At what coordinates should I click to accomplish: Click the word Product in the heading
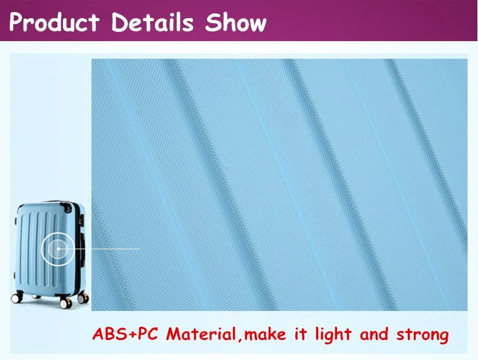coord(54,22)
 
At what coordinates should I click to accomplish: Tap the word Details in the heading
coord(153,22)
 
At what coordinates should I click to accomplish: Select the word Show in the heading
coord(236,22)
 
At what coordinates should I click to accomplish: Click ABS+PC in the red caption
coord(127,334)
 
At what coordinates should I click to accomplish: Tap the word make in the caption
coord(267,334)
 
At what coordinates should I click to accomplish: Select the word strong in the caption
coord(423,334)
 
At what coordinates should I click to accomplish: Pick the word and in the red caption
coord(374,334)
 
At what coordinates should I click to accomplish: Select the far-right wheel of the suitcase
coord(82,297)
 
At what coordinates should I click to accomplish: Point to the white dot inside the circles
coord(58,249)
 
